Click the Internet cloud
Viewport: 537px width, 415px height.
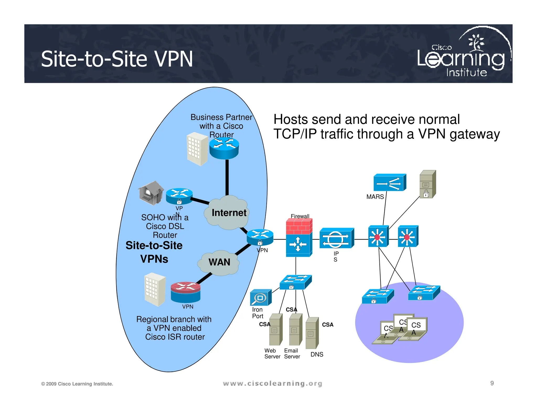click(227, 212)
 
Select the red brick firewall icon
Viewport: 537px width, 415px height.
click(299, 227)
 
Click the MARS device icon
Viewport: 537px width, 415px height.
click(390, 183)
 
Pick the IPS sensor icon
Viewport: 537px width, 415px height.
click(336, 238)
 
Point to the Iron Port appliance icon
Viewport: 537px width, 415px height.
click(260, 298)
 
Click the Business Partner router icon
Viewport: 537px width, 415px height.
click(224, 148)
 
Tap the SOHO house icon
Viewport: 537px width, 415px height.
click(151, 193)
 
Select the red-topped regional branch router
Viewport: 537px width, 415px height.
click(185, 292)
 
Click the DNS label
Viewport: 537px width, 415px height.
click(317, 354)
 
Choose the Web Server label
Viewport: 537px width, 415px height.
click(272, 354)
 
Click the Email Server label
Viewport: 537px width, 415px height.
click(292, 354)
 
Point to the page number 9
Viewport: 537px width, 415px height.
click(492, 383)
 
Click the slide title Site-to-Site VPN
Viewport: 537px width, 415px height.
click(117, 59)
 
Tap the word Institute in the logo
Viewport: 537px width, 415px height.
click(466, 73)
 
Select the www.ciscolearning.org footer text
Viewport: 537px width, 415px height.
click(272, 384)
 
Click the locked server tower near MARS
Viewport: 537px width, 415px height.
click(427, 184)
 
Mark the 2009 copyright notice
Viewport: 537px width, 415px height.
click(77, 384)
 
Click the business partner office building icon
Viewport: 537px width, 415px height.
click(197, 149)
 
